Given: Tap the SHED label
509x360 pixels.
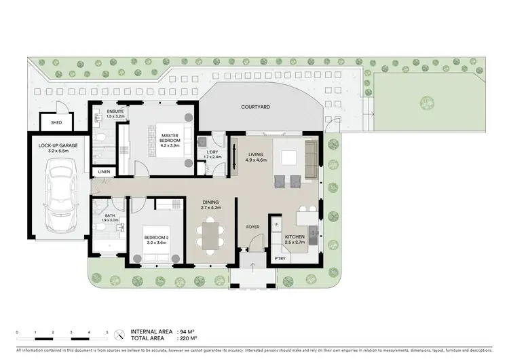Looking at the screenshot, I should [52, 123].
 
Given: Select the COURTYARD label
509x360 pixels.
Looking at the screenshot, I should [256, 107].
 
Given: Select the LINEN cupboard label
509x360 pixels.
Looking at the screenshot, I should [103, 172].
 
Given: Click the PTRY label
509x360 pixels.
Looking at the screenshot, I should [278, 259].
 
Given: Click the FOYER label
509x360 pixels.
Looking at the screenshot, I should [252, 228].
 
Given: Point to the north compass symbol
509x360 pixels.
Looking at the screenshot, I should [119, 334].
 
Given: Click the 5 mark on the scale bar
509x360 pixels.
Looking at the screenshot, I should [107, 331].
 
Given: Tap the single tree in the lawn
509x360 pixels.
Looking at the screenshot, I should [426, 104].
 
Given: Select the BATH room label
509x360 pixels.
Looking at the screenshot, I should [109, 215].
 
